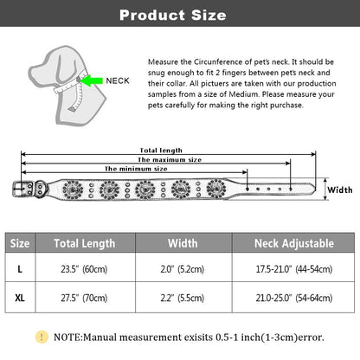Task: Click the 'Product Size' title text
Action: (x=173, y=15)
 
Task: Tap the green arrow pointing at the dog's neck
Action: (x=91, y=80)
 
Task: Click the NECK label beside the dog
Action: (x=118, y=80)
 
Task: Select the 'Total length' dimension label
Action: (x=161, y=151)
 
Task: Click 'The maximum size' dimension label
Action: (x=170, y=159)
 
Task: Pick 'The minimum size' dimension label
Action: (x=136, y=169)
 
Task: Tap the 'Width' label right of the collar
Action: (x=340, y=190)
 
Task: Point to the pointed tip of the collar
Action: (x=314, y=188)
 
